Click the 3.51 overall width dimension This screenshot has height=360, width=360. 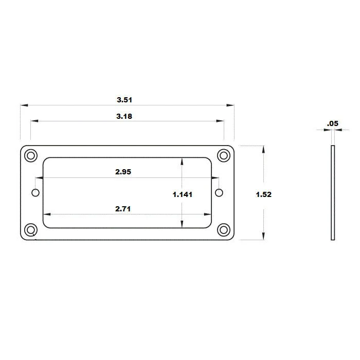pyautogui.click(x=124, y=100)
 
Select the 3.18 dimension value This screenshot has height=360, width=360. pyautogui.click(x=124, y=116)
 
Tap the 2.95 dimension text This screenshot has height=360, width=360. pyautogui.click(x=123, y=172)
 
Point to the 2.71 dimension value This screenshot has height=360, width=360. pyautogui.click(x=123, y=209)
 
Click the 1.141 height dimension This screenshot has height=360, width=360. pyautogui.click(x=182, y=195)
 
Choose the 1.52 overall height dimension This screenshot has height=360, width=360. pyautogui.click(x=263, y=195)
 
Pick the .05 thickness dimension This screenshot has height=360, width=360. pyautogui.click(x=333, y=123)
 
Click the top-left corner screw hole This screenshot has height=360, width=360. pyautogui.click(x=31, y=156)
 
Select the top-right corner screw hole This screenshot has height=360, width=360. pyautogui.click(x=224, y=156)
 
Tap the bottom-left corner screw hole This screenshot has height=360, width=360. pyautogui.click(x=31, y=230)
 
